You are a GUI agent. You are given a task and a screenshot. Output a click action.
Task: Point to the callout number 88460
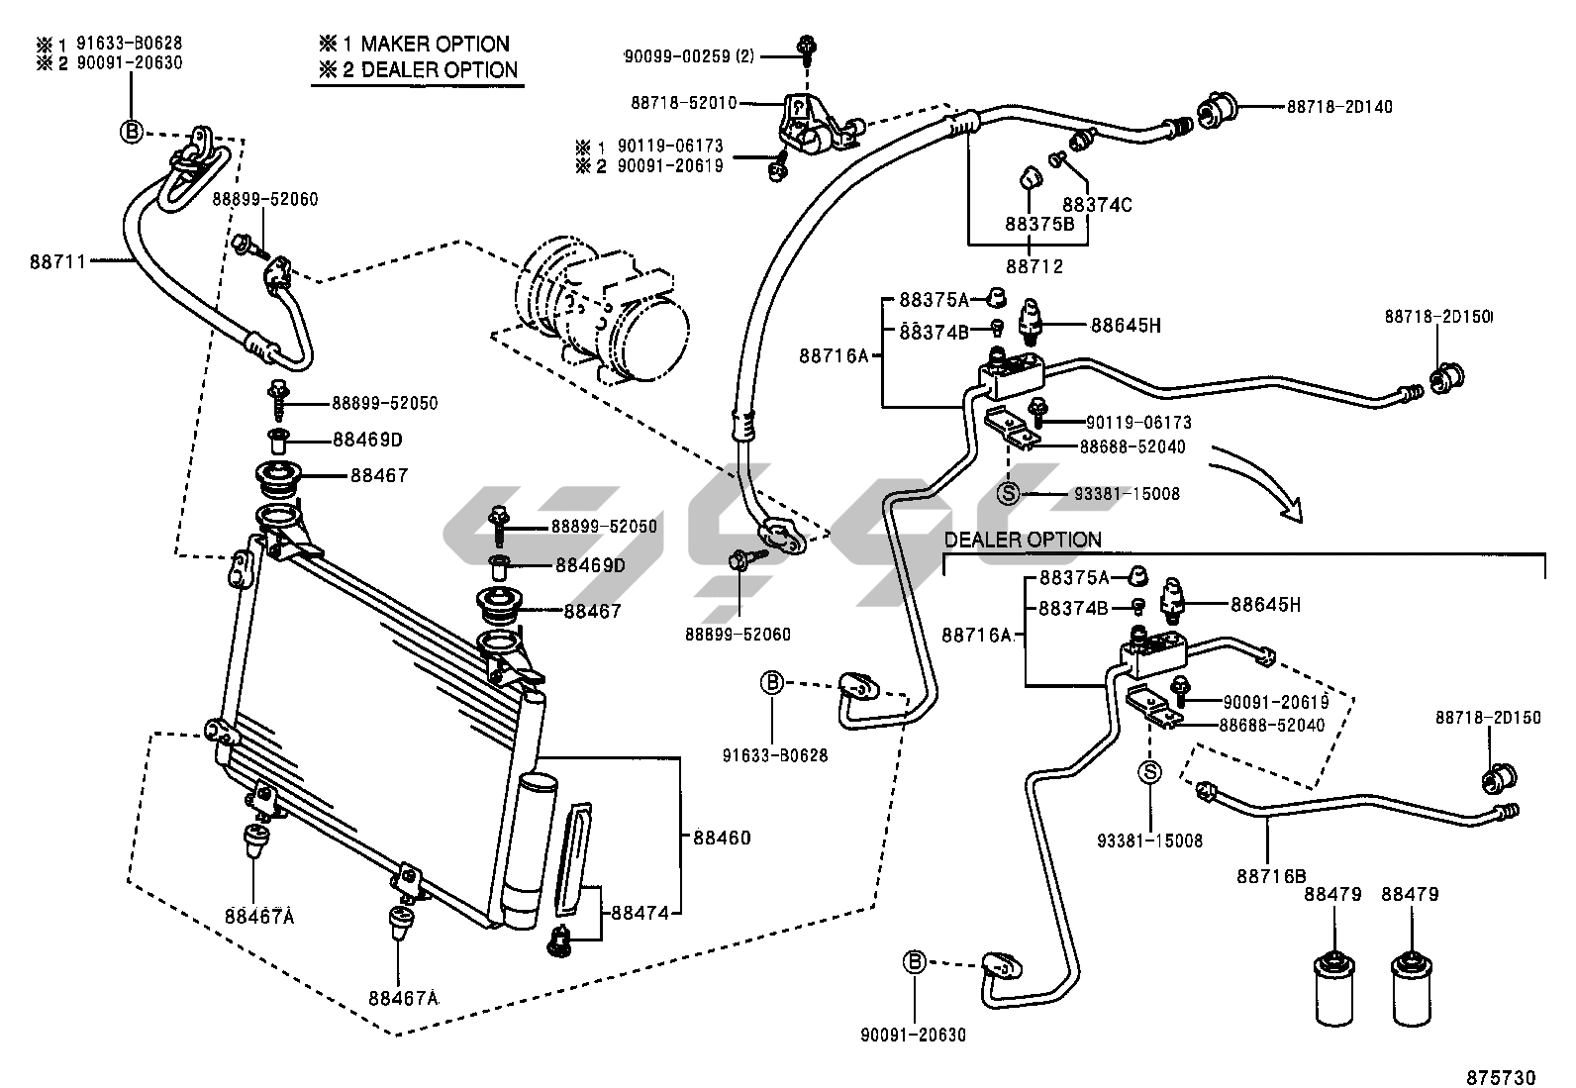(721, 838)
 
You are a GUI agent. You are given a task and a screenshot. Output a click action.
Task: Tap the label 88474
(640, 913)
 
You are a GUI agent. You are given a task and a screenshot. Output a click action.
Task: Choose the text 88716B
(1270, 875)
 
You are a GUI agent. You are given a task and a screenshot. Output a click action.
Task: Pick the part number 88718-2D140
(1339, 107)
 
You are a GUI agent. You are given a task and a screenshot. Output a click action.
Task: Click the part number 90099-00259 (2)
(688, 56)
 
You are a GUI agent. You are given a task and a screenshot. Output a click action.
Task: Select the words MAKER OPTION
(435, 44)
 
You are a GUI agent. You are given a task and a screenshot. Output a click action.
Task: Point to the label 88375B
(1039, 224)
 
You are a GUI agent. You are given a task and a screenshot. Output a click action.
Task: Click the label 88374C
(1097, 205)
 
